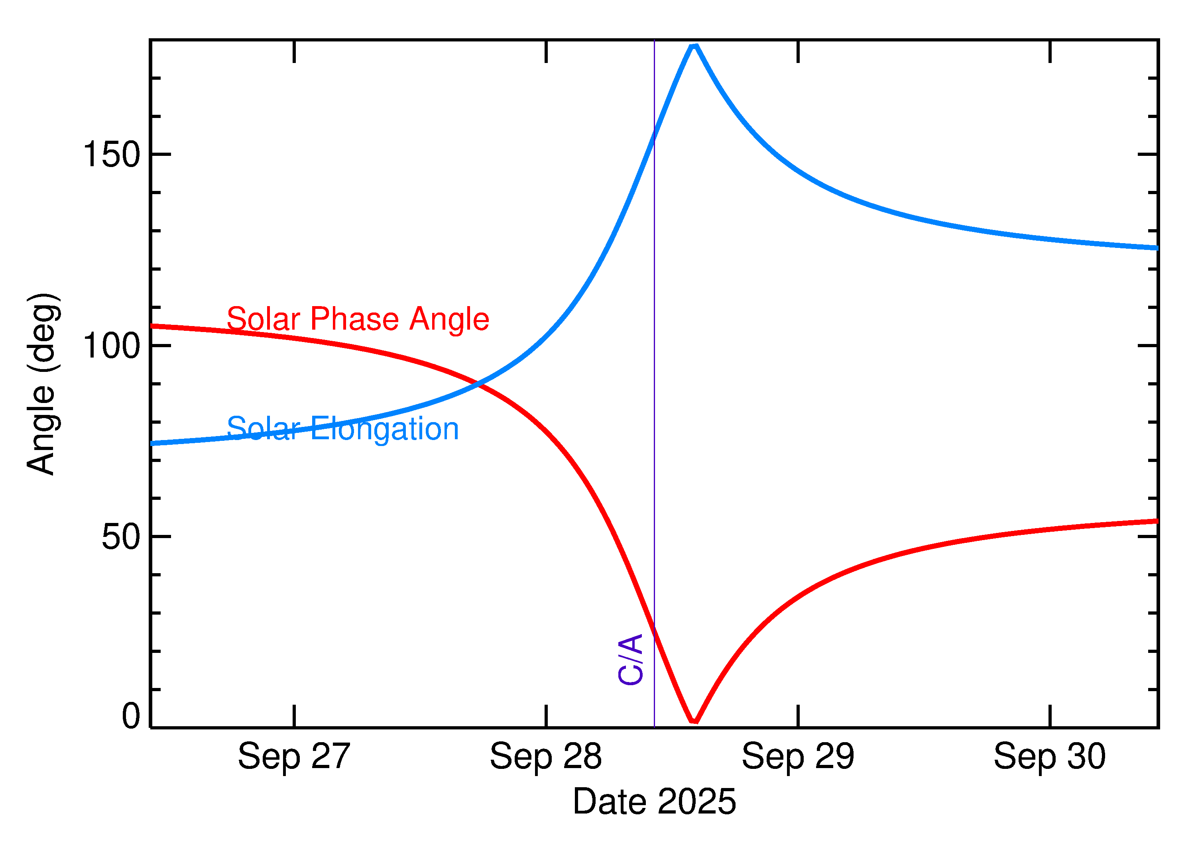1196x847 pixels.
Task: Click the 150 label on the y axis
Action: pyautogui.click(x=112, y=155)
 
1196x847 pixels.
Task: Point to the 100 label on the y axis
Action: pyautogui.click(x=112, y=346)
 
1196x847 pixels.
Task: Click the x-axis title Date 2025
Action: pyautogui.click(x=654, y=802)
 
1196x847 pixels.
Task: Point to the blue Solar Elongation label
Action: pyautogui.click(x=343, y=429)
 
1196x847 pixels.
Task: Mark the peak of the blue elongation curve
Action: pyautogui.click(x=694, y=46)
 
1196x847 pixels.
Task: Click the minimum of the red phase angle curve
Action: pyautogui.click(x=694, y=721)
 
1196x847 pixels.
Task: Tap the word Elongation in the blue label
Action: pyautogui.click(x=384, y=429)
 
